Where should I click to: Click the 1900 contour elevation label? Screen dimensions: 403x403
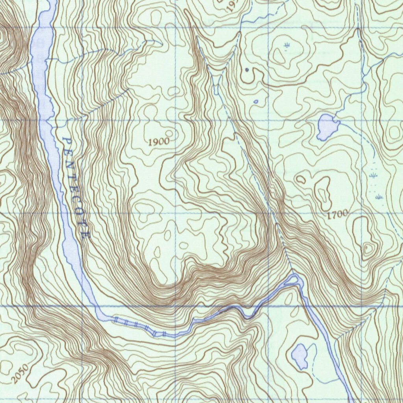click(159, 142)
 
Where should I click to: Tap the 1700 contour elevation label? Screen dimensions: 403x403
click(337, 214)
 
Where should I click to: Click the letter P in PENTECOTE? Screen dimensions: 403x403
click(65, 140)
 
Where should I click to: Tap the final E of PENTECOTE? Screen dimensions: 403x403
click(87, 235)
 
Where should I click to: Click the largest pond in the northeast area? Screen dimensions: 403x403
click(327, 126)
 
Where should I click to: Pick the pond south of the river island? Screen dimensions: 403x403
click(300, 356)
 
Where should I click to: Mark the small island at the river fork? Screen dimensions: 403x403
click(292, 280)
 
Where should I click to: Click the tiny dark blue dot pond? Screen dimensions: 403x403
click(247, 70)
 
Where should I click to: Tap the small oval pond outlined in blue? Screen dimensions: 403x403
click(256, 102)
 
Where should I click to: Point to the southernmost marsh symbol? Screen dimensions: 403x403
click(379, 196)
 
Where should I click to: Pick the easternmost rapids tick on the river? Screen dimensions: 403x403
click(163, 334)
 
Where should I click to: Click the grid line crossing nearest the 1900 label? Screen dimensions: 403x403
click(175, 120)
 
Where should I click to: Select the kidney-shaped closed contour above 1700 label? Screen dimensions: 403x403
click(324, 193)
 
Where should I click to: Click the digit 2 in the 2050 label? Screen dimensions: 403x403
click(14, 381)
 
